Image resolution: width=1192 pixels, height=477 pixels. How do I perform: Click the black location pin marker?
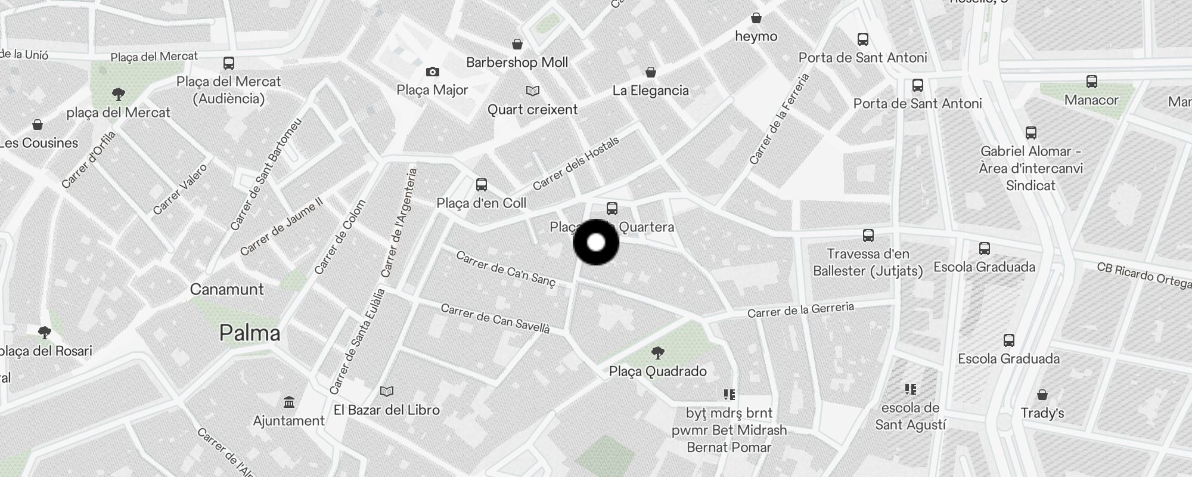pos(596,243)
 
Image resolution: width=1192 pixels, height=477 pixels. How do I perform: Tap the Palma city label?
pos(250,333)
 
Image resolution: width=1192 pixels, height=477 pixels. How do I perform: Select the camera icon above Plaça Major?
pos(433,72)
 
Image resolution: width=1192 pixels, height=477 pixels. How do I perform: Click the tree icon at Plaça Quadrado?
pos(658,353)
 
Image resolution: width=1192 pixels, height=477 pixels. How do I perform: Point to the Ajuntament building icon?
pos(289,402)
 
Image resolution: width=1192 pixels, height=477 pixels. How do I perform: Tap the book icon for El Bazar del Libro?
pos(387,392)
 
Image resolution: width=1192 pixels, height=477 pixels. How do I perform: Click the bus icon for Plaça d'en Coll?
pos(482,185)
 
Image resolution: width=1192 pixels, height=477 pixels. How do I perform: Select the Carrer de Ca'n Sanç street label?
pos(505,269)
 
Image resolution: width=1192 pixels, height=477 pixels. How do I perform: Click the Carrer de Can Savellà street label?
pos(495,318)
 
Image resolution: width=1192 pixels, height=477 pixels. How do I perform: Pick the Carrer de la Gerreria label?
pos(800,310)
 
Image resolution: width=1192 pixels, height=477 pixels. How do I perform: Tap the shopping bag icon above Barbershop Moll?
pos(517,44)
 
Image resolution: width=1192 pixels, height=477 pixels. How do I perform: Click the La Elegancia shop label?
pos(650,91)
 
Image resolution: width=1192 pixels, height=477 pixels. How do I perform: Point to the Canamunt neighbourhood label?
pos(226,289)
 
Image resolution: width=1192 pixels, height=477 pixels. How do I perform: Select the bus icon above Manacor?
pos(1091,82)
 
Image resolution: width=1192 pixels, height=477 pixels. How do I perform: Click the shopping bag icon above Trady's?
pos(1042,395)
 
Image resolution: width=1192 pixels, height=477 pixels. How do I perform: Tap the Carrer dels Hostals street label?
pos(576,163)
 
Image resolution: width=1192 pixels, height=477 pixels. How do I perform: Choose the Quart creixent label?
pos(532,110)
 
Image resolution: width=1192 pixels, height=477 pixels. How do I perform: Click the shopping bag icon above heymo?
pos(756,18)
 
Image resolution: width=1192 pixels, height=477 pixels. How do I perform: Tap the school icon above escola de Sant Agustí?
pos(910,389)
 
